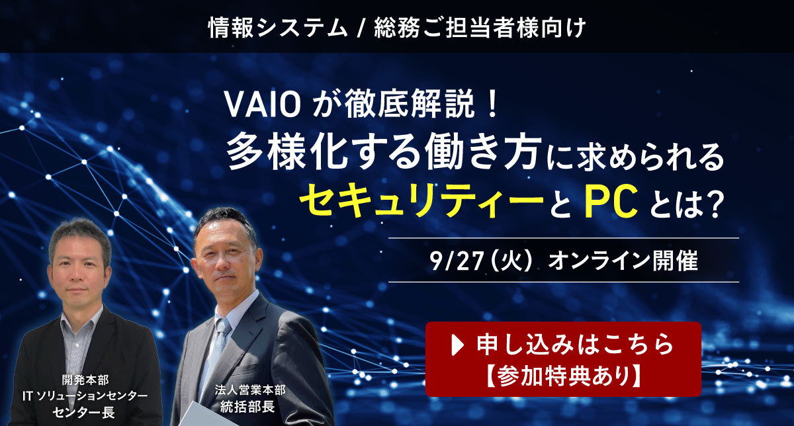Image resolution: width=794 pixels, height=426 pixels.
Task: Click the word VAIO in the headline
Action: click(263, 105)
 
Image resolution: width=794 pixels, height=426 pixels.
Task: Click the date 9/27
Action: click(457, 261)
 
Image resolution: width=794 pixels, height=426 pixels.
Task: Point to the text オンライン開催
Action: click(623, 261)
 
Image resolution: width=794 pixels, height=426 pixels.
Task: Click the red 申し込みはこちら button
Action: click(563, 359)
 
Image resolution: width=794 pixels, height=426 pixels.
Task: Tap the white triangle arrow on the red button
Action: click(458, 345)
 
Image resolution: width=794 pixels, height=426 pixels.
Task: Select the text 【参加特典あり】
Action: click(563, 376)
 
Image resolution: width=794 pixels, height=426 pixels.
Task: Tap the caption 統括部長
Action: click(247, 407)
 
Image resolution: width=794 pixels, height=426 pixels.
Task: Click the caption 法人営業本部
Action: click(250, 390)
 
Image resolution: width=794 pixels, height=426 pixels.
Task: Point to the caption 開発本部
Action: click(85, 380)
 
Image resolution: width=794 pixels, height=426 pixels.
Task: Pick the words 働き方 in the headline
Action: click(483, 155)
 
